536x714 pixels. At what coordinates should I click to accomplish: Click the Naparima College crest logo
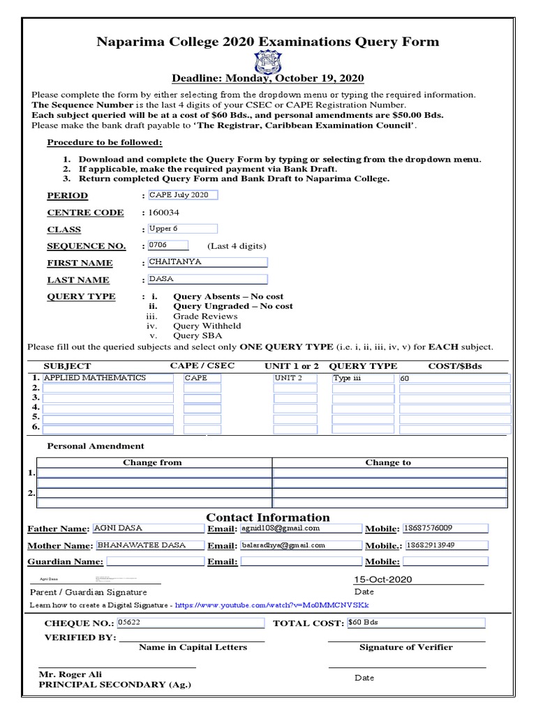pos(267,61)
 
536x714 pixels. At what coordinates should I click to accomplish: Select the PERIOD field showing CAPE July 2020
pos(182,195)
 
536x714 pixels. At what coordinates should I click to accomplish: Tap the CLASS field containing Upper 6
pos(182,229)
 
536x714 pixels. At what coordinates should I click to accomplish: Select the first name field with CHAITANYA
pos(207,263)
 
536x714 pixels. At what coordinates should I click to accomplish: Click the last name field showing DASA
pos(207,279)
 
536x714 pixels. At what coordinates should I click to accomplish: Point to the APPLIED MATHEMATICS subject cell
pos(108,378)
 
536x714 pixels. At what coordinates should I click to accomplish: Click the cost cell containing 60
pos(454,379)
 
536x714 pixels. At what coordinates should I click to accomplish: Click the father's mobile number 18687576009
pos(445,529)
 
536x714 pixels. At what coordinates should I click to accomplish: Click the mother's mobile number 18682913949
pos(445,545)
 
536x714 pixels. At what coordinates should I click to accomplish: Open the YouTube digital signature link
pos(271,605)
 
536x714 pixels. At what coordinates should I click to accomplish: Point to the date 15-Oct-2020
pos(382,579)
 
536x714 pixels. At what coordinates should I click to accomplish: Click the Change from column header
pos(152,462)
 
